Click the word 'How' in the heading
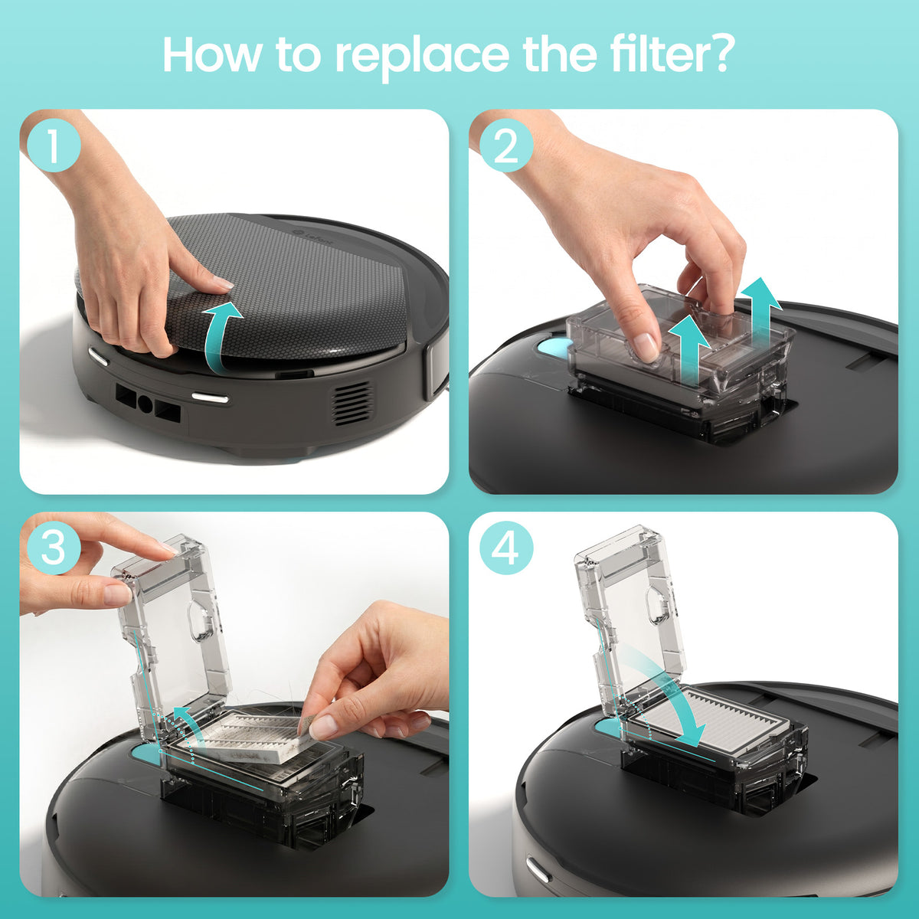[211, 54]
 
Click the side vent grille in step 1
[352, 404]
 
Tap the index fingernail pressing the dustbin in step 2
[646, 347]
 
